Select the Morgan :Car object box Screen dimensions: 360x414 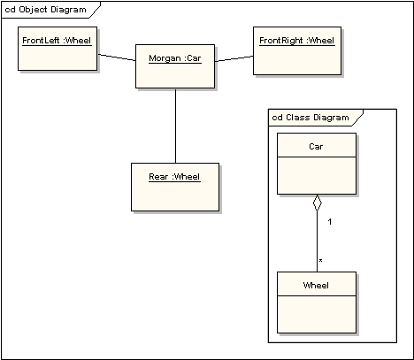click(x=175, y=66)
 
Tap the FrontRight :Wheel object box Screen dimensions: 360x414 click(x=296, y=50)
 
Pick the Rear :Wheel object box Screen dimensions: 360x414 click(x=173, y=187)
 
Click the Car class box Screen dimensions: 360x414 click(x=316, y=164)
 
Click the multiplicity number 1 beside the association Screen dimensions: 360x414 click(x=329, y=221)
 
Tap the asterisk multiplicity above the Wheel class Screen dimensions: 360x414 click(x=320, y=261)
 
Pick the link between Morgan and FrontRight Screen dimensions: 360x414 click(x=234, y=59)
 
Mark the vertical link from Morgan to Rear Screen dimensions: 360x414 click(x=175, y=125)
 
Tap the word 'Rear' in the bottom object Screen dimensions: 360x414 click(x=158, y=176)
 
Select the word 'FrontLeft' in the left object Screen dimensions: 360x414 click(x=40, y=40)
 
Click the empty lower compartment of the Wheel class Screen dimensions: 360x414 click(x=316, y=314)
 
